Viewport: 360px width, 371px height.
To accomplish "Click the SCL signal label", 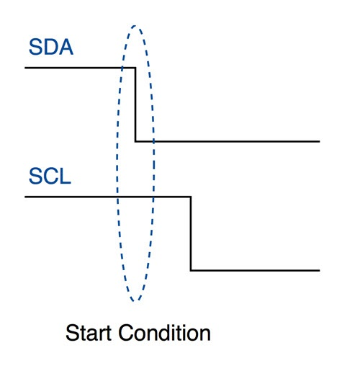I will [50, 176].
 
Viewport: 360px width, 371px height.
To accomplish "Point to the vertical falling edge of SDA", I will [135, 104].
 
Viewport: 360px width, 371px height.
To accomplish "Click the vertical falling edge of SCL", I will [191, 233].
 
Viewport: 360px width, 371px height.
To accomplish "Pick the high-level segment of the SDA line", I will [79, 68].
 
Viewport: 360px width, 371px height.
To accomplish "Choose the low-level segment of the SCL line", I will [256, 270].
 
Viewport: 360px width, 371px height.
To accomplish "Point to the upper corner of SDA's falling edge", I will [135, 68].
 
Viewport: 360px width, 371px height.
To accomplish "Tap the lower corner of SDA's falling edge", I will [135, 141].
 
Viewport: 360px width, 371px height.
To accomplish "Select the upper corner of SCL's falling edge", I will [191, 197].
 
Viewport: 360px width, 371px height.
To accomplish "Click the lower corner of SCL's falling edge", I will [191, 270].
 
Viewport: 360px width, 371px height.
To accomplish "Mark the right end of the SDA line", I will [318, 141].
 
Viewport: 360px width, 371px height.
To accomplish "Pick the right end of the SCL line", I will [318, 270].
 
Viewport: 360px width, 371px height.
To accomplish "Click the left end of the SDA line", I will [26, 68].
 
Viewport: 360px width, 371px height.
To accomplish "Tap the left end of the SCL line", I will [26, 197].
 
